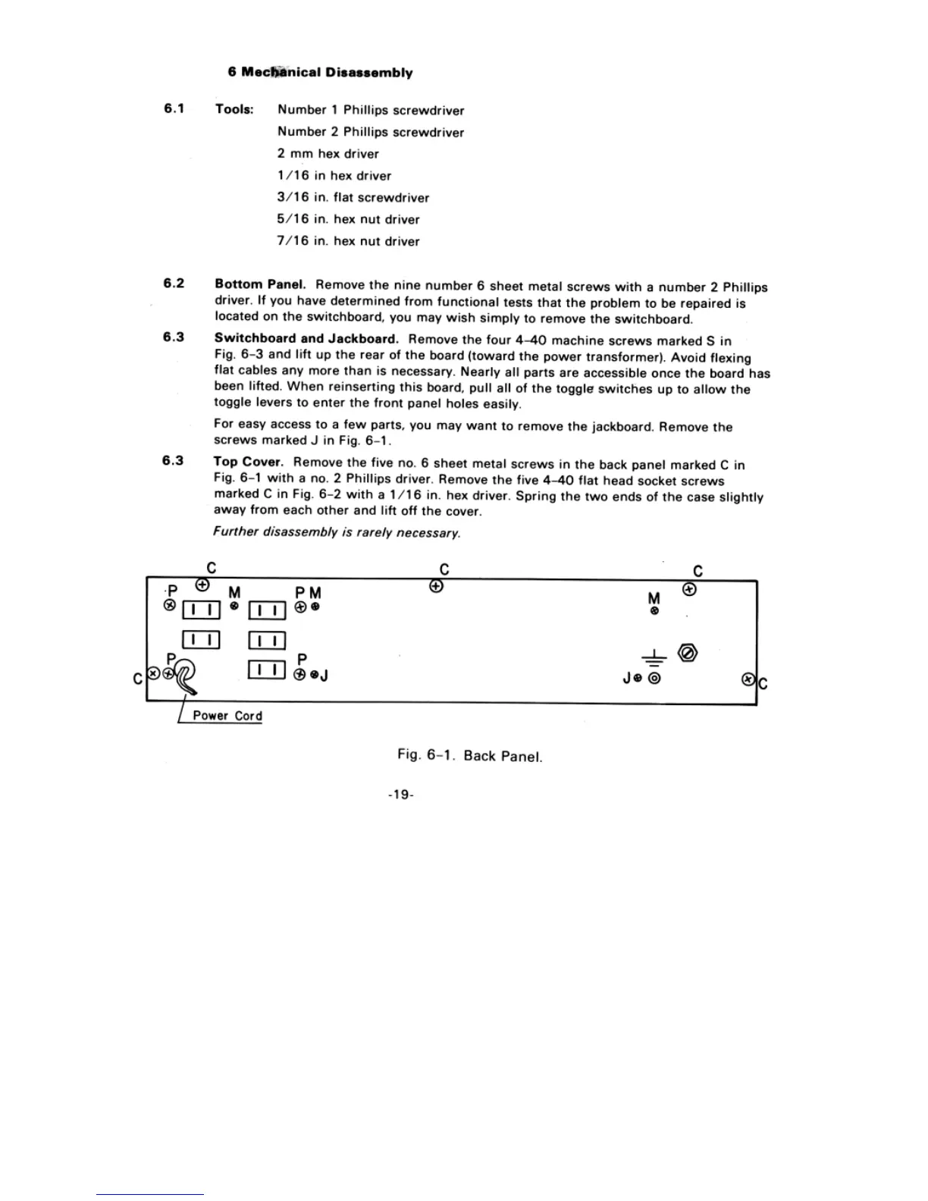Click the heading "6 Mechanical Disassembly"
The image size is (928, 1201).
coord(320,73)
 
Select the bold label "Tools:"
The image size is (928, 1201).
coord(234,109)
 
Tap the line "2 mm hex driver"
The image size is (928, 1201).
coord(328,154)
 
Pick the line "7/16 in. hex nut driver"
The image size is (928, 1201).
coord(348,241)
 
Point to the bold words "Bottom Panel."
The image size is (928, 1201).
coord(260,284)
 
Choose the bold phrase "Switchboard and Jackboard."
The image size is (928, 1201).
coord(306,339)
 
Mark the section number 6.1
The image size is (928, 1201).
coord(174,108)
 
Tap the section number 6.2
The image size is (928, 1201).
coord(174,284)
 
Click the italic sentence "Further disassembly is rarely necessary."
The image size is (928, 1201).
coord(337,532)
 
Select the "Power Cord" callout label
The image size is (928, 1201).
coord(227,716)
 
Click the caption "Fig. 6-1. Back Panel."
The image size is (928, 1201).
coord(470,756)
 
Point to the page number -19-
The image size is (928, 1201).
coord(400,795)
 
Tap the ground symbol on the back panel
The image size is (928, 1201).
coord(654,659)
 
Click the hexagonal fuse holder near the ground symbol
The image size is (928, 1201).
coord(687,654)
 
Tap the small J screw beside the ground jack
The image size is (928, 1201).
coord(640,679)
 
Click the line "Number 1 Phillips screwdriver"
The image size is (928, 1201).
coord(371,110)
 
